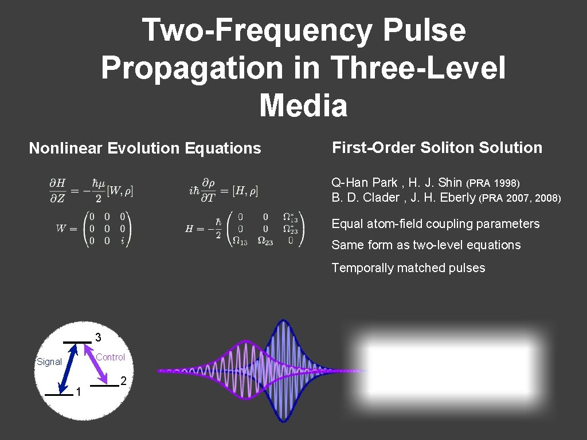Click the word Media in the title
tap(303, 106)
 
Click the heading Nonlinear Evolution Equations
tap(145, 148)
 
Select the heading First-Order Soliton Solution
tap(437, 148)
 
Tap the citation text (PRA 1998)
tap(493, 183)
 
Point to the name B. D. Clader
tap(365, 198)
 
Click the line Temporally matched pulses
tap(408, 268)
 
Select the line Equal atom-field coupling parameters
tap(436, 224)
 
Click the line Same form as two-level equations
tap(426, 245)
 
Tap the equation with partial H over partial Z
tap(91, 190)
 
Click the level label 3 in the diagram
tap(98, 336)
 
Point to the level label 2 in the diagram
tap(124, 382)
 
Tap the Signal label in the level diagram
tap(49, 362)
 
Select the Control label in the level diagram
tap(110, 357)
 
